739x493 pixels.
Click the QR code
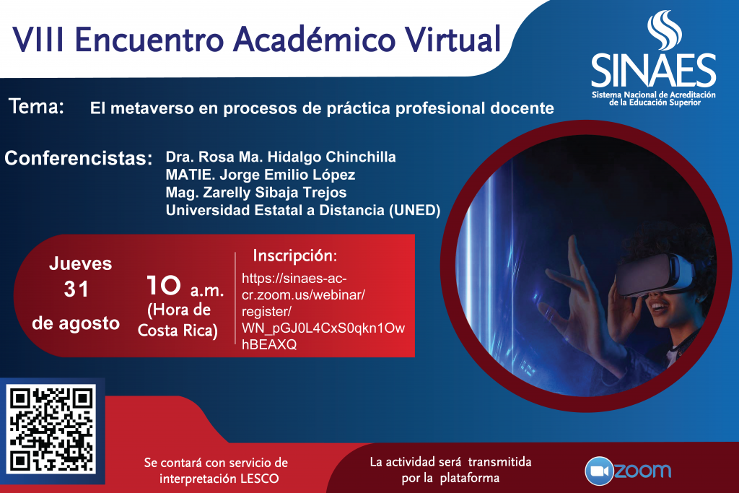(x=51, y=429)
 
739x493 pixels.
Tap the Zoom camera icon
(x=599, y=471)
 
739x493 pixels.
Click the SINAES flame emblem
(x=664, y=30)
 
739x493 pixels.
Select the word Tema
(x=36, y=106)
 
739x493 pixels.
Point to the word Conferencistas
(x=79, y=158)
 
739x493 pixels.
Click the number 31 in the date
(x=76, y=289)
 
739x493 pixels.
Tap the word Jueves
(x=81, y=263)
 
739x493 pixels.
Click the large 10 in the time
(x=164, y=285)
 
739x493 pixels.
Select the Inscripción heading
(x=295, y=256)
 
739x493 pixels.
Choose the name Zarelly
(x=226, y=192)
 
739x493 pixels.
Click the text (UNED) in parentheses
(x=415, y=210)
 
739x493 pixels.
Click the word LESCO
(x=259, y=479)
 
